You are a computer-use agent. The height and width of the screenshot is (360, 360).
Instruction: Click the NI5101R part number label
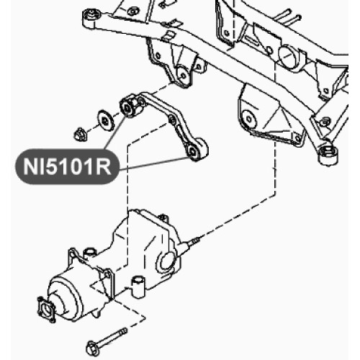click(67, 166)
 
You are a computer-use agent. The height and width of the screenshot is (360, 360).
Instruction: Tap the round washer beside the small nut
click(106, 121)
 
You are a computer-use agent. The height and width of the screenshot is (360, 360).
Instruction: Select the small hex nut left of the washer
click(80, 135)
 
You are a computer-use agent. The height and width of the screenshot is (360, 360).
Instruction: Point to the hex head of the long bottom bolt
click(91, 348)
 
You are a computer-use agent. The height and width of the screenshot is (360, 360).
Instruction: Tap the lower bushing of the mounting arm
click(196, 150)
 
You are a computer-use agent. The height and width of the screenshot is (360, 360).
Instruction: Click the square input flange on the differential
click(46, 309)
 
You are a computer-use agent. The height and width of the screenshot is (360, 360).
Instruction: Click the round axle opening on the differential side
click(166, 261)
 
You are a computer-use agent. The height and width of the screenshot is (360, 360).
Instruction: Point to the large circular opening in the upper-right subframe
click(288, 55)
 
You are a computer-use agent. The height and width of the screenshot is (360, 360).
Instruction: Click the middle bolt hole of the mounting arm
click(172, 120)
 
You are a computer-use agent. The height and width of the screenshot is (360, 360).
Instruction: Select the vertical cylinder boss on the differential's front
click(138, 287)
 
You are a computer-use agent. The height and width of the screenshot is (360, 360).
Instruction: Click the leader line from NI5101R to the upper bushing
click(114, 133)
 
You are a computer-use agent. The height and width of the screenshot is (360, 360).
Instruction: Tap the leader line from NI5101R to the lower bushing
click(153, 163)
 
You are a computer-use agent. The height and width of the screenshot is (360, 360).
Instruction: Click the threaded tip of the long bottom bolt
click(124, 330)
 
